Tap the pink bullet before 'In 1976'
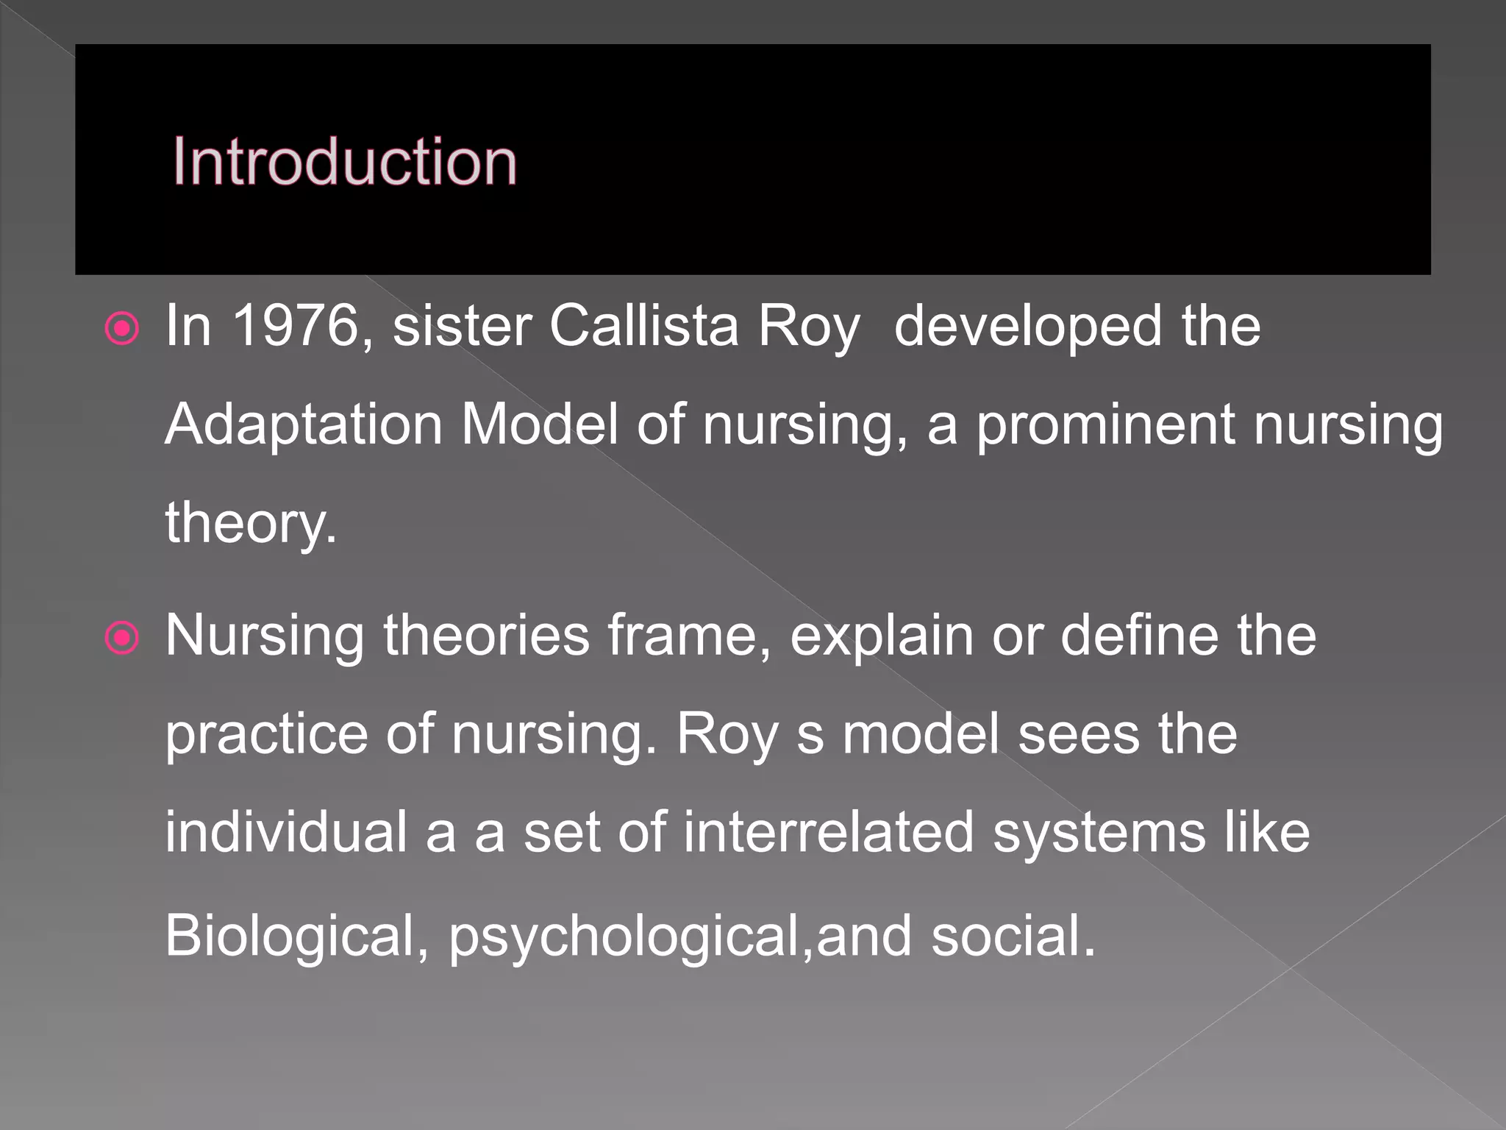point(122,329)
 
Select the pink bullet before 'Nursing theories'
point(122,638)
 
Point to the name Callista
point(643,325)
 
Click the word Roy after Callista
point(808,327)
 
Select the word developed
point(1028,327)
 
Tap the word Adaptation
point(303,424)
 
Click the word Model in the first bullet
point(539,424)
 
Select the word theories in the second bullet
point(486,635)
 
